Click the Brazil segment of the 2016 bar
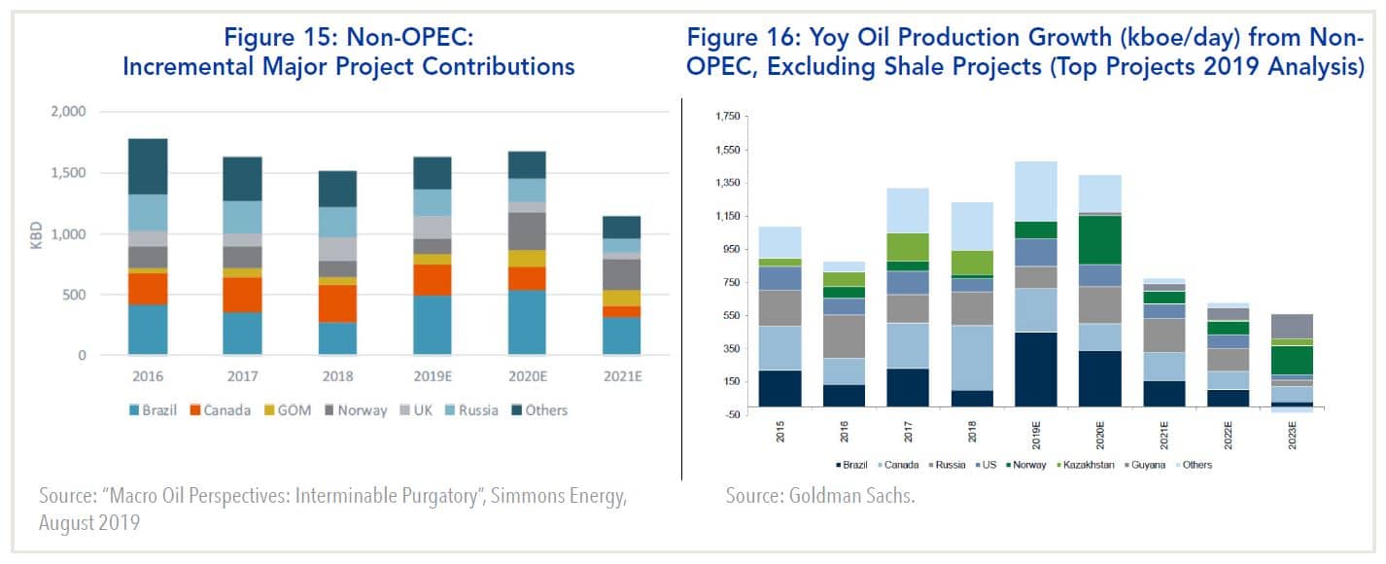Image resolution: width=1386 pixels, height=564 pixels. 148,330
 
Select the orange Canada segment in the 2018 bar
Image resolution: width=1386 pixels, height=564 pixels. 336,303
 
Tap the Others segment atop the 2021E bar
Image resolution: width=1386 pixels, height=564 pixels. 622,228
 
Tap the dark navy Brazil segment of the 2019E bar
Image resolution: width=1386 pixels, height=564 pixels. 1037,369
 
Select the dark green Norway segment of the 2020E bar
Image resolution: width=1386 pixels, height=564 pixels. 1100,239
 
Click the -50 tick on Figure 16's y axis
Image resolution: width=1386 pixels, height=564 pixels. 731,415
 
